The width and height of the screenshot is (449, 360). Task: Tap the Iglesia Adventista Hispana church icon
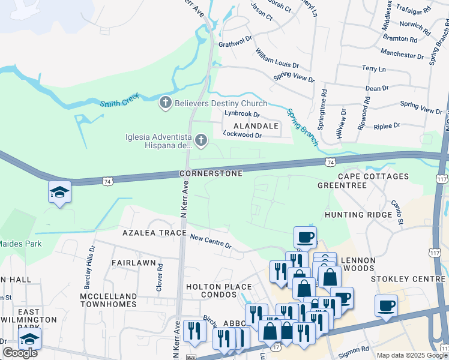coord(201,140)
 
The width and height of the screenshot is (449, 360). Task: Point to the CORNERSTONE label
coord(211,173)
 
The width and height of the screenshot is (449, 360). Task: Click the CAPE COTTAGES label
coord(373,176)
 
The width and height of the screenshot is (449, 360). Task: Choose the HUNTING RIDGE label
coord(354,214)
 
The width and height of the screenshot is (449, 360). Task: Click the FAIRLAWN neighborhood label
coord(133,263)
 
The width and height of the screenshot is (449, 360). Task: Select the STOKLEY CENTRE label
coord(407,279)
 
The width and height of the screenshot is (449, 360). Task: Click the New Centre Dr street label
coord(211,241)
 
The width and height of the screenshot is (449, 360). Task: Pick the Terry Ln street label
coord(373,69)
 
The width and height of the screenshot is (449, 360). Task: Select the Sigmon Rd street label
coord(357,349)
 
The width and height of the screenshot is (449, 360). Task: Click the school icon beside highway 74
coord(59,193)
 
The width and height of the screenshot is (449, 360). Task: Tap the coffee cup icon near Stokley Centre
coord(386,305)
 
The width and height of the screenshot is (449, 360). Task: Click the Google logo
coord(20,353)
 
